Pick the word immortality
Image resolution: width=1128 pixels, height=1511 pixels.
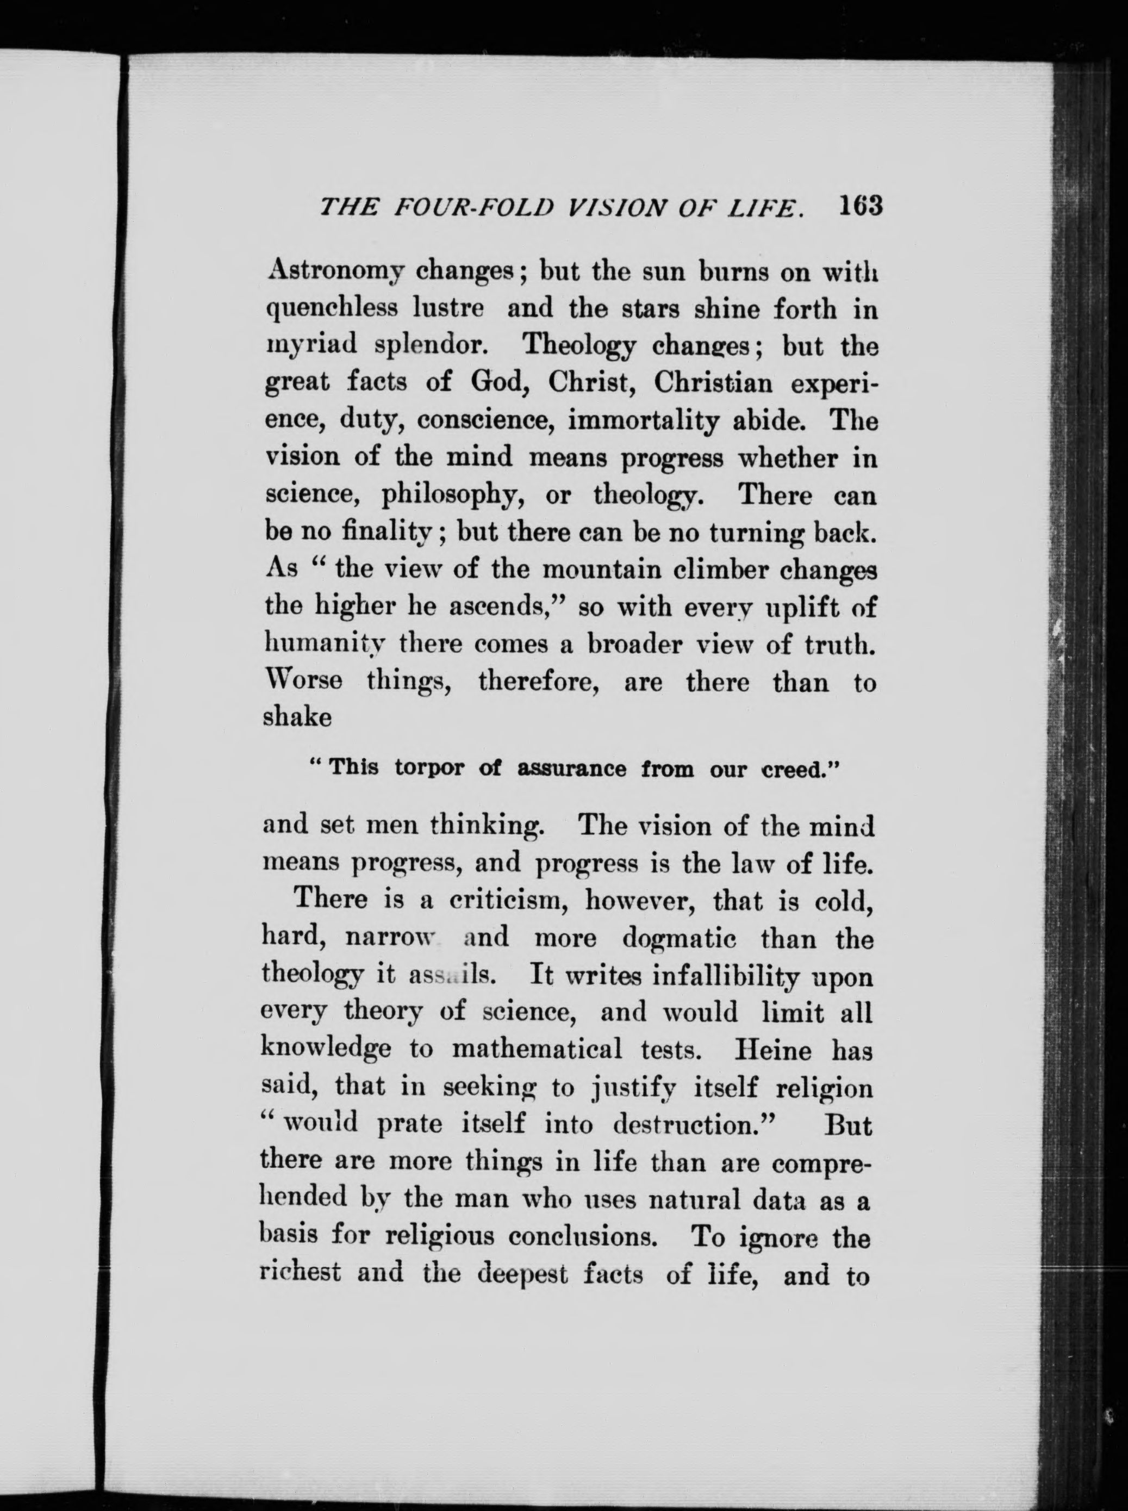point(643,422)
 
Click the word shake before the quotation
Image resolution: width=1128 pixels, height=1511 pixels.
point(297,718)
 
